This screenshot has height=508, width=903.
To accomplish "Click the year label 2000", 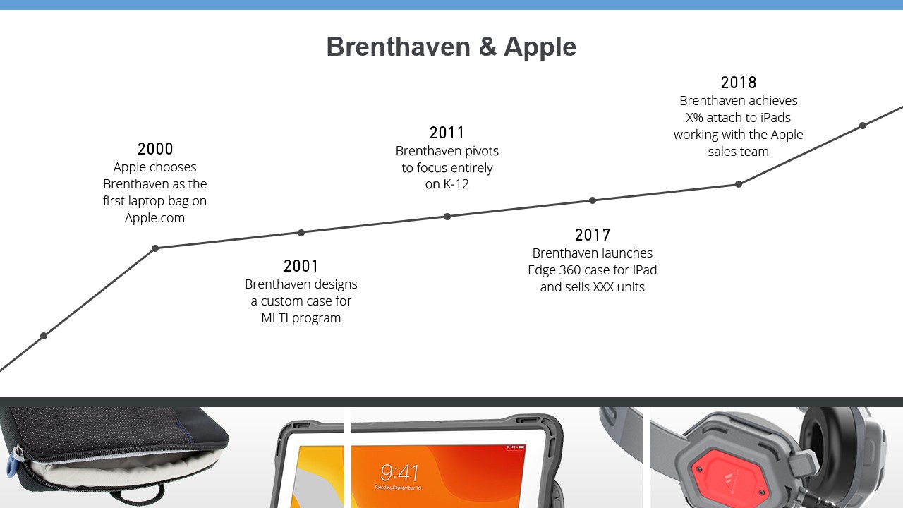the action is pyautogui.click(x=155, y=149).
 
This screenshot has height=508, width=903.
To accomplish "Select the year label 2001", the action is pyautogui.click(x=301, y=266).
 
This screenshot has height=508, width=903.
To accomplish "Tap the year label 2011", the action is pyautogui.click(x=447, y=133).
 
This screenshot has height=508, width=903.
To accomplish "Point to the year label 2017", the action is pyautogui.click(x=592, y=235).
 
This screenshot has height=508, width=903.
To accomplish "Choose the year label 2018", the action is pyautogui.click(x=739, y=83).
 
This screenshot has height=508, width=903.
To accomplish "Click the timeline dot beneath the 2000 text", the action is pyautogui.click(x=155, y=248).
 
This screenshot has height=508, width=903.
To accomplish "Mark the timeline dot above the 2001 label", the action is pyautogui.click(x=301, y=233).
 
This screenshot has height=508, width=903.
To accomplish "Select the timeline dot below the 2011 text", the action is pyautogui.click(x=447, y=217).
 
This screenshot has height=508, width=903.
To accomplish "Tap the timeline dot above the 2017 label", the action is pyautogui.click(x=593, y=200).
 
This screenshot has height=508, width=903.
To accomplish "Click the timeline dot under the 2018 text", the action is pyautogui.click(x=739, y=184).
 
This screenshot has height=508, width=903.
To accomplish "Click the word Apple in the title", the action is pyautogui.click(x=540, y=47).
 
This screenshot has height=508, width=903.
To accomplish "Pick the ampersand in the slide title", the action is pyautogui.click(x=487, y=47).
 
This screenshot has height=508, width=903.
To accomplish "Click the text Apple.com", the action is pyautogui.click(x=154, y=218).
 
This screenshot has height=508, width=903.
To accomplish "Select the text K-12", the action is pyautogui.click(x=456, y=184).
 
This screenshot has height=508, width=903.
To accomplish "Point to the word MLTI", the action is pyautogui.click(x=274, y=317).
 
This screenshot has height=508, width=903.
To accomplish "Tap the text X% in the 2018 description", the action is pyautogui.click(x=695, y=117).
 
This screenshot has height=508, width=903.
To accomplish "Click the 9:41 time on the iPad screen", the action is pyautogui.click(x=399, y=473).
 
